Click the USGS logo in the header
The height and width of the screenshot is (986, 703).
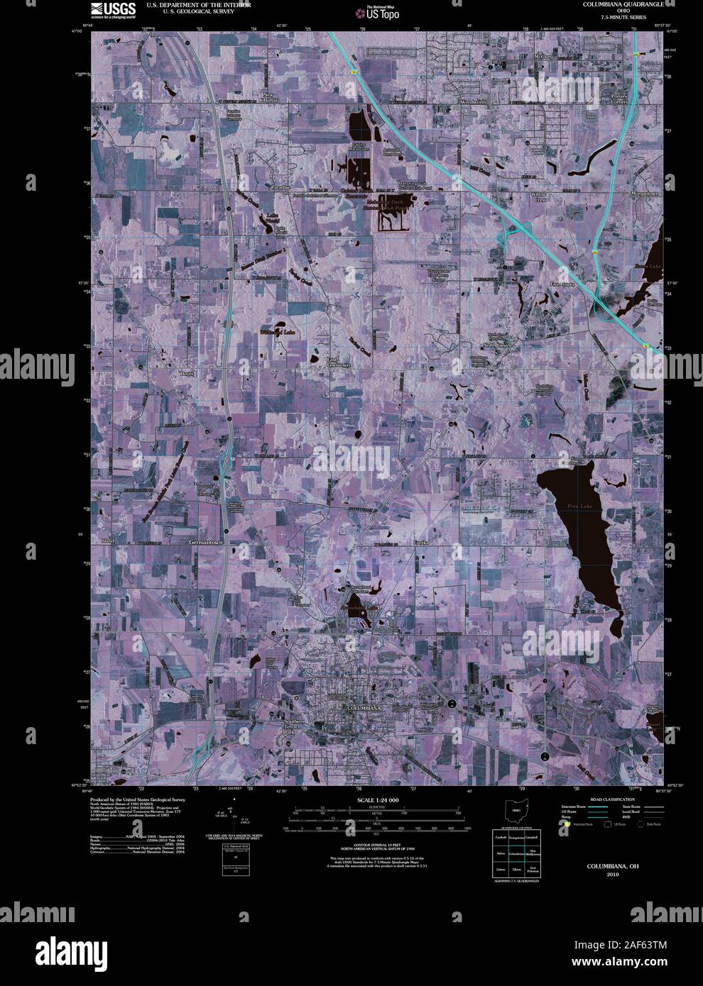(113, 9)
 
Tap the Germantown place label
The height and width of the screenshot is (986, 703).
(207, 543)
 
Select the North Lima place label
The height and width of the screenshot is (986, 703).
(497, 344)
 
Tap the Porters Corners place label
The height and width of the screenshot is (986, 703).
(619, 99)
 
